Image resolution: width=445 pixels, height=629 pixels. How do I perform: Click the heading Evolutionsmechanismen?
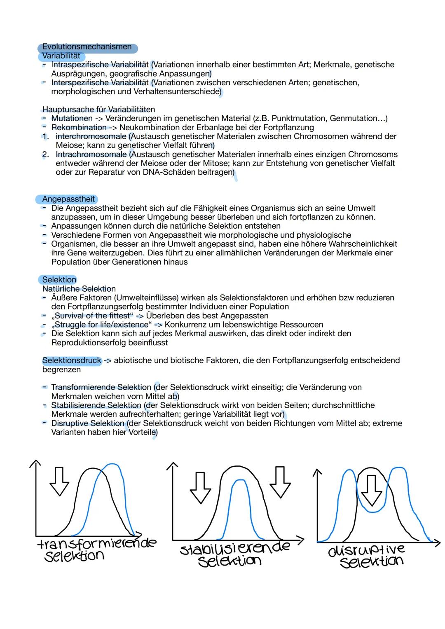click(87, 47)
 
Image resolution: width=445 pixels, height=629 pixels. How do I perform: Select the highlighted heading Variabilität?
click(61, 56)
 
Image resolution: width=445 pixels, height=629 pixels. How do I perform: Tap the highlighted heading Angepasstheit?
click(68, 199)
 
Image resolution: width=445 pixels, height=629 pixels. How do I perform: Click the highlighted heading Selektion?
click(59, 280)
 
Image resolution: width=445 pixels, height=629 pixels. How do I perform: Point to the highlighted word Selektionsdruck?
click(72, 360)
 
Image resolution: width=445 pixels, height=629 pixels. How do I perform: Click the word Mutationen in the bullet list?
click(72, 119)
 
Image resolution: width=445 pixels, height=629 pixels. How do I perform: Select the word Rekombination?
click(79, 128)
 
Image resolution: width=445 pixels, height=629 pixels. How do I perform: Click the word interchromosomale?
click(91, 136)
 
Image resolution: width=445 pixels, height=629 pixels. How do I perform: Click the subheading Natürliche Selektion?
click(79, 289)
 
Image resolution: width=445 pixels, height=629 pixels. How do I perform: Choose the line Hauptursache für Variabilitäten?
click(98, 110)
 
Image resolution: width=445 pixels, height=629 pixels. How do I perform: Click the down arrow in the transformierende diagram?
click(59, 482)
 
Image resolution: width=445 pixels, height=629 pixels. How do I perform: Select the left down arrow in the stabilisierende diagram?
click(200, 488)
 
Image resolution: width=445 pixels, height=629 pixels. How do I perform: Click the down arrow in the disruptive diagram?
click(372, 490)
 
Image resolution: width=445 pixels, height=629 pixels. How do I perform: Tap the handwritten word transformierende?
click(96, 543)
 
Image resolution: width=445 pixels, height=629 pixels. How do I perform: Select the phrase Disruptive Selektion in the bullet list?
click(88, 423)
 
